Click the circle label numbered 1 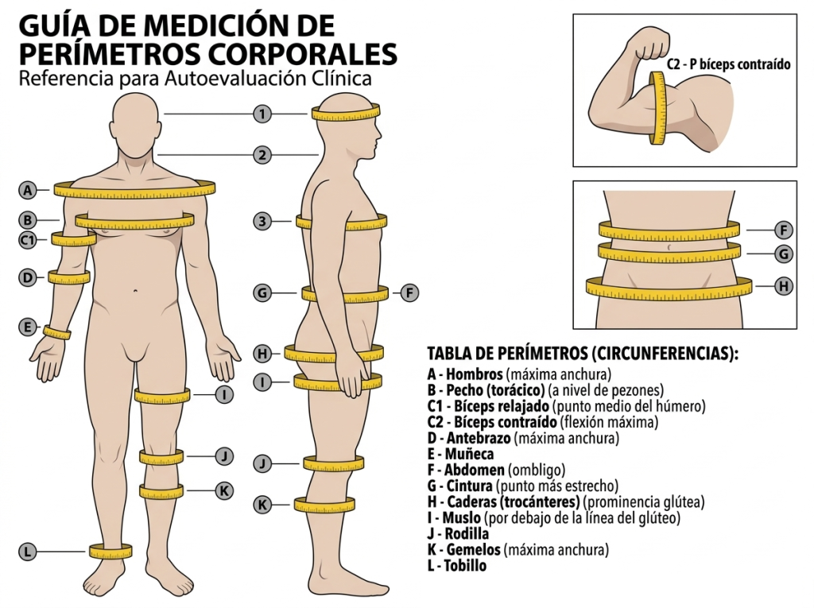pos(262,114)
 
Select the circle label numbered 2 pos(262,155)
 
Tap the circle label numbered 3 pos(262,222)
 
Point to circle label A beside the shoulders pos(28,190)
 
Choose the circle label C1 pos(28,239)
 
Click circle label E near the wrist pos(28,327)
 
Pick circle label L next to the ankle pos(28,551)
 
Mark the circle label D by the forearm pos(28,277)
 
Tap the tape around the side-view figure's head pos(347,114)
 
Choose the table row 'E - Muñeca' pos(460,454)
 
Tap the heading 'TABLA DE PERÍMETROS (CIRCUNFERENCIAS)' pos(582,354)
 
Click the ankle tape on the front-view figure pos(110,551)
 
